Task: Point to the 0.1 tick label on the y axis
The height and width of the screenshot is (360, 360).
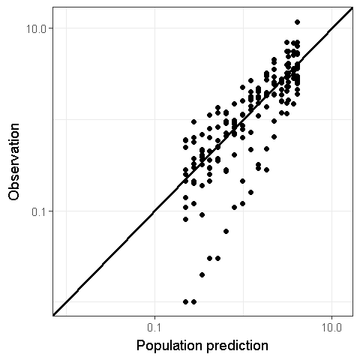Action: [40, 211]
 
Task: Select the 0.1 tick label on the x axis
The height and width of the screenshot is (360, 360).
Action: [155, 328]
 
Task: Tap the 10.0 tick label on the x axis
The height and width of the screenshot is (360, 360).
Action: [331, 328]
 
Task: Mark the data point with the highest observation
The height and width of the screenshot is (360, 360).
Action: [297, 22]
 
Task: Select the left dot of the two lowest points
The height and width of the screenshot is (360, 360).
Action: [185, 301]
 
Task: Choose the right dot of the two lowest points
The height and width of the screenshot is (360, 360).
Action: [193, 301]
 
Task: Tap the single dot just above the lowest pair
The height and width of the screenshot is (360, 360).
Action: [202, 274]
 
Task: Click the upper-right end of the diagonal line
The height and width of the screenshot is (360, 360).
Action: [352, 8]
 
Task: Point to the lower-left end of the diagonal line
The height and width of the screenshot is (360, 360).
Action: [53, 315]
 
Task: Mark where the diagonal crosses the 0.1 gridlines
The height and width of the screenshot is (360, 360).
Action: [155, 211]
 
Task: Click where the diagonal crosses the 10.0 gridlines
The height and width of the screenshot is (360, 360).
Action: [331, 28]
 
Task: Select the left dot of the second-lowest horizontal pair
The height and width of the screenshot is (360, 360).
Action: [209, 258]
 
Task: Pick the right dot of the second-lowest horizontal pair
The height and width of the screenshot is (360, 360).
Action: [217, 258]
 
